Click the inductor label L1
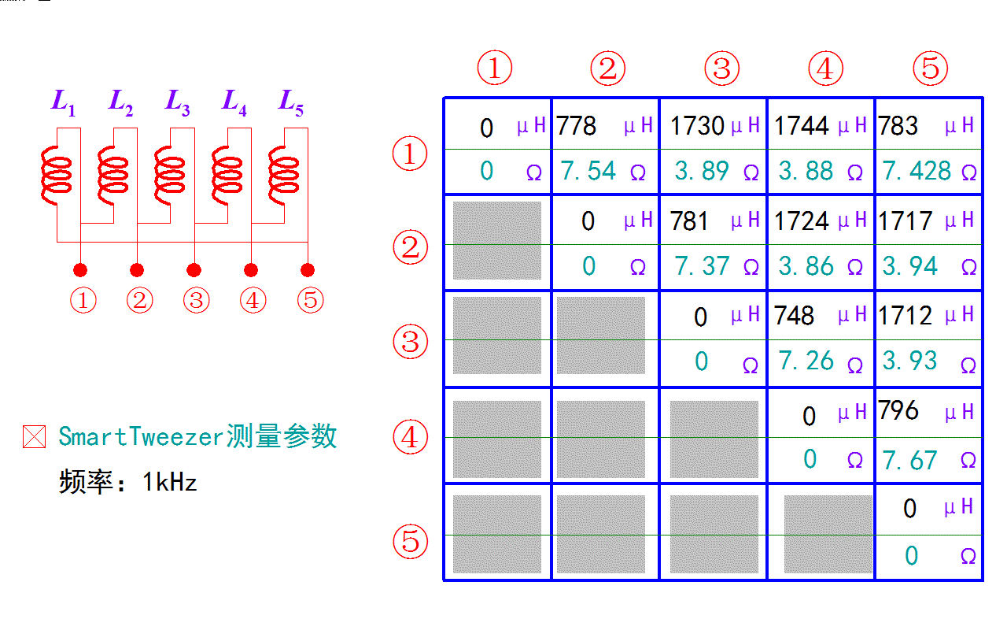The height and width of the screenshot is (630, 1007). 63,103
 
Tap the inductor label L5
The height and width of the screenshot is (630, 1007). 290,103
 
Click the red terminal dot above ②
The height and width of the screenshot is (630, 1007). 137,270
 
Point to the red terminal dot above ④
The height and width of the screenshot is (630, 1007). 251,270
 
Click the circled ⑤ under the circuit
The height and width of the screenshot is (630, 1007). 311,300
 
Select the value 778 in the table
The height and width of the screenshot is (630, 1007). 577,126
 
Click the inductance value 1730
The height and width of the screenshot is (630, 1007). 697,126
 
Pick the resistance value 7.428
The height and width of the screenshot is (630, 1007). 917,171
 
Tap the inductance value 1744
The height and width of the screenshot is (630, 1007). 802,126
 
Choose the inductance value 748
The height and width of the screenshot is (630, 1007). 794,316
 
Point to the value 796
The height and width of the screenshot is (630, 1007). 898,410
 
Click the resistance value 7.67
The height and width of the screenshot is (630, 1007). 910,460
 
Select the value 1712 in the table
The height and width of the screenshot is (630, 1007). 906,316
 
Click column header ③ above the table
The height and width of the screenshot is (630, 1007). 721,69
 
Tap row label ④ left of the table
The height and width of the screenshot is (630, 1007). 410,437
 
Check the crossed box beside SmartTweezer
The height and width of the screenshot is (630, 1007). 34,437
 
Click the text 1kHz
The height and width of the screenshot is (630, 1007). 169,482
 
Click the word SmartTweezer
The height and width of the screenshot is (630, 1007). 141,436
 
